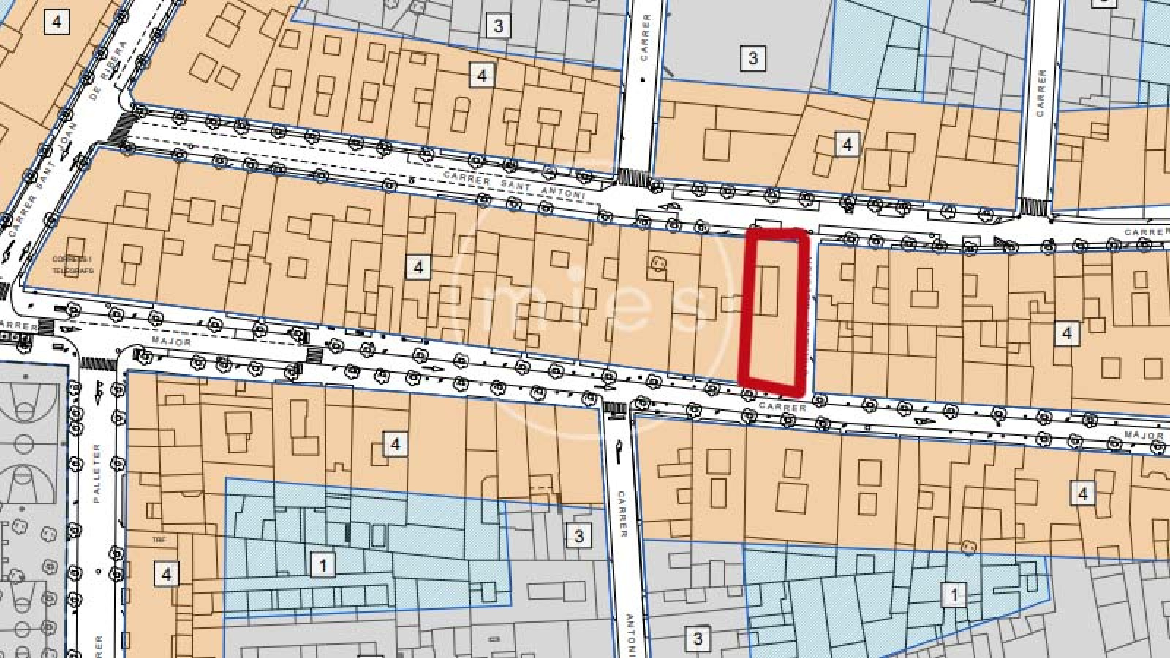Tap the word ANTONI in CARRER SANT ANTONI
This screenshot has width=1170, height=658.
coord(565,195)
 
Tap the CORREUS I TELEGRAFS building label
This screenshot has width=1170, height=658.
coord(71,265)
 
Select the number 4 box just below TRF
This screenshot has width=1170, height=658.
coord(166,574)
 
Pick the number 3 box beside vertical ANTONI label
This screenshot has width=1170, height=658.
coord(697,638)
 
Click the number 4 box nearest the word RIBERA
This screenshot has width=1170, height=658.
coord(56,22)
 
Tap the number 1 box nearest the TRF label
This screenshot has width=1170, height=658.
coord(322,564)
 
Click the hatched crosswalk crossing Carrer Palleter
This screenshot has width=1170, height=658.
coord(94,363)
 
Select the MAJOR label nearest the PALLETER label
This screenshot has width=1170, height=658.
coord(171,341)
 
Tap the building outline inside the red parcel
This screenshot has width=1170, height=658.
coord(767,290)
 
